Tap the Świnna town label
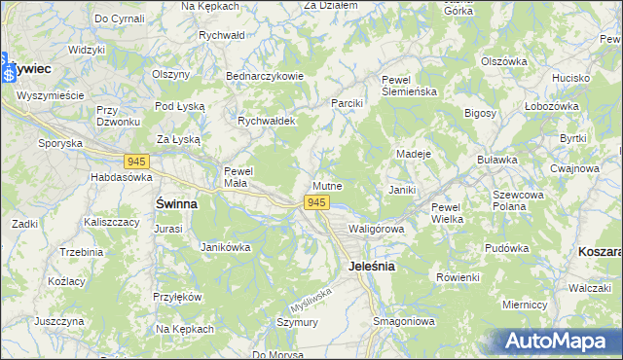point(176,204)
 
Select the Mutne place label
point(328,185)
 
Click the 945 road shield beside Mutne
point(315,202)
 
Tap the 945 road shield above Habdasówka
point(136,161)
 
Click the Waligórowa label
point(376,228)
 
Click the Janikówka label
point(225,247)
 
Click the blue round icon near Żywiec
point(9,74)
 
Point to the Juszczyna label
point(57,320)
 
